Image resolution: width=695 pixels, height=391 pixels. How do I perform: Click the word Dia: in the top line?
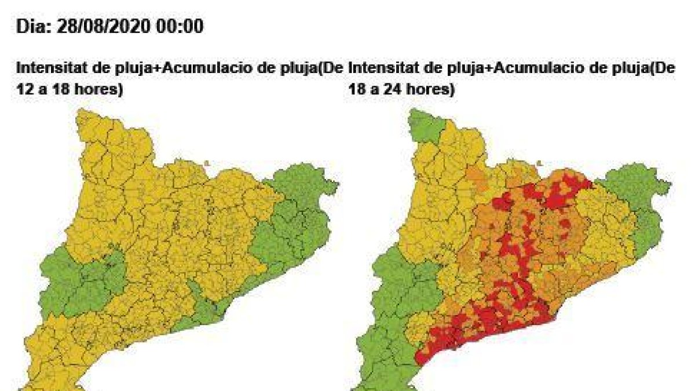(x=34, y=27)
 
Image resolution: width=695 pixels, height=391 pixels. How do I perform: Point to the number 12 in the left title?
(x=24, y=90)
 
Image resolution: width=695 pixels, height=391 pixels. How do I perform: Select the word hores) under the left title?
(x=101, y=90)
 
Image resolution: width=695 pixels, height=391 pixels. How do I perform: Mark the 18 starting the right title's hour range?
(x=356, y=90)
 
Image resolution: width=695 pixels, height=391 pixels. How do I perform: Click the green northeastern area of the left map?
(x=295, y=220)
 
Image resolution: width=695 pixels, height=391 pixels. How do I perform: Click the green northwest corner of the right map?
(x=426, y=125)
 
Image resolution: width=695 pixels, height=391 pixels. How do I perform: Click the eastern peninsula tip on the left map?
(x=332, y=185)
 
